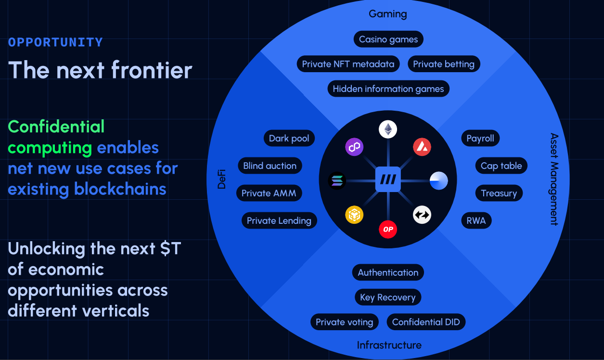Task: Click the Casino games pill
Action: coord(388,39)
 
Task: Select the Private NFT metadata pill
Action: coord(348,64)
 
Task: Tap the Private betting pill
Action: coord(444,64)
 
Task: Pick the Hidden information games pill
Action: coord(388,89)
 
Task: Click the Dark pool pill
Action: coord(289,138)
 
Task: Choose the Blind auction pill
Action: coord(270,166)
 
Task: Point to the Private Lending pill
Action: coord(279,220)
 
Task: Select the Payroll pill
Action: coord(480,138)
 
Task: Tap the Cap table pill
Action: coord(501,166)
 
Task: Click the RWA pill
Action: coord(476,220)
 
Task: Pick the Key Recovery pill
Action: coord(388,297)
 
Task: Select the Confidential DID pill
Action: coord(426,322)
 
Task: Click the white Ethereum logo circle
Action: coord(388,129)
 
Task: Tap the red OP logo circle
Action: coord(388,230)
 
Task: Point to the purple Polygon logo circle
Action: coord(354,147)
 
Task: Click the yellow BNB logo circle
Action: coord(354,215)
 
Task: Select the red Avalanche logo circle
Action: coord(422,147)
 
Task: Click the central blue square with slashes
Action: coord(388,180)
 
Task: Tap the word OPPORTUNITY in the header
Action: coord(55,42)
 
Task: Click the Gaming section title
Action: coord(388,14)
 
